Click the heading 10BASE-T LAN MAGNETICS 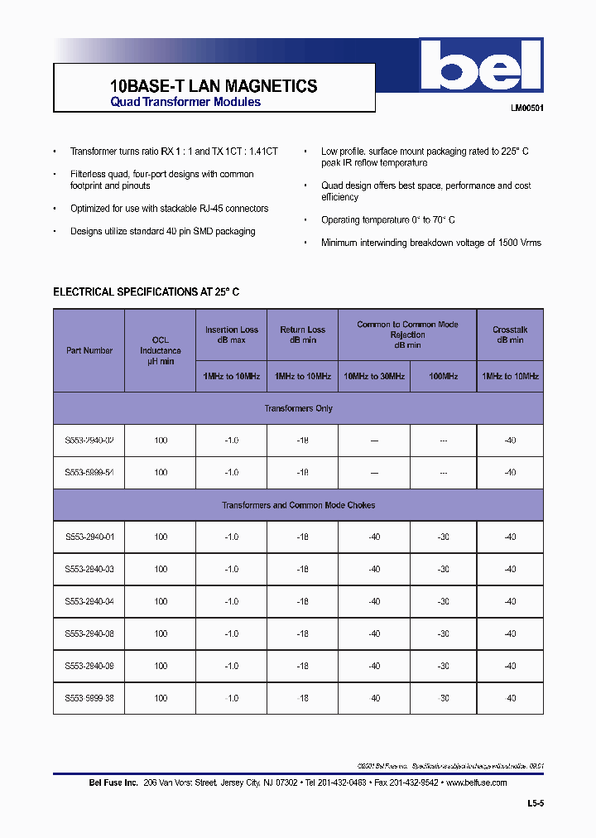(x=214, y=85)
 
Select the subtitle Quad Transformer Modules (x=185, y=102)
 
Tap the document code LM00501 (x=526, y=108)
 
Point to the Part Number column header (x=89, y=350)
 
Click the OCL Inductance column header (x=161, y=350)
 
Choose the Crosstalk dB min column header (x=510, y=335)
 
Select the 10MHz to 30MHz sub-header (x=374, y=376)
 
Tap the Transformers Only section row (x=298, y=408)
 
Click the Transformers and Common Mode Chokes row (x=298, y=505)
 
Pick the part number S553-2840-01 (x=89, y=537)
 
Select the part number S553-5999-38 (x=89, y=698)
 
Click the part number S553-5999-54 (x=89, y=473)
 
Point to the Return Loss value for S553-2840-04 (x=303, y=601)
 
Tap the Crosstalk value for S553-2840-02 (x=510, y=441)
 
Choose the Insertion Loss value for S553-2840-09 (x=232, y=666)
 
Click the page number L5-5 (x=536, y=803)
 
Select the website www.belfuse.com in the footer (x=476, y=783)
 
